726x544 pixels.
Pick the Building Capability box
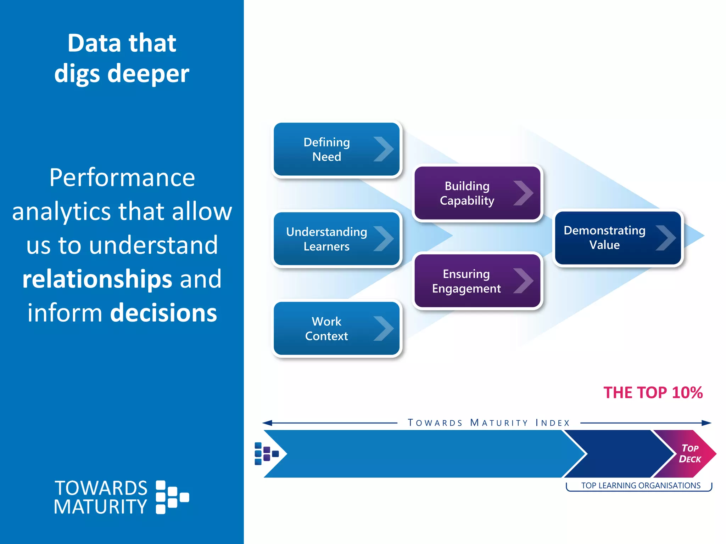(x=477, y=193)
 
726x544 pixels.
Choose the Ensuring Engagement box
(x=477, y=281)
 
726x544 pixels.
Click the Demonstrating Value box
(x=618, y=238)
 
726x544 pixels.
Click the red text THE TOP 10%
(x=653, y=393)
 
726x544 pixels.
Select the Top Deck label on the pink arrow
(x=690, y=454)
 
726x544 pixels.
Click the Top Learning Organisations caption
(x=641, y=486)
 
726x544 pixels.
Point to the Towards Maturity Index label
(x=488, y=423)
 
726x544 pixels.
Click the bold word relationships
(x=97, y=279)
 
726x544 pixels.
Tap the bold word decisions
(x=163, y=313)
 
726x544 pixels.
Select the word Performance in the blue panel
(x=122, y=177)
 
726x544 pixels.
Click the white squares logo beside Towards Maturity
(x=172, y=497)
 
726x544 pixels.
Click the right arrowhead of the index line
(x=706, y=423)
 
